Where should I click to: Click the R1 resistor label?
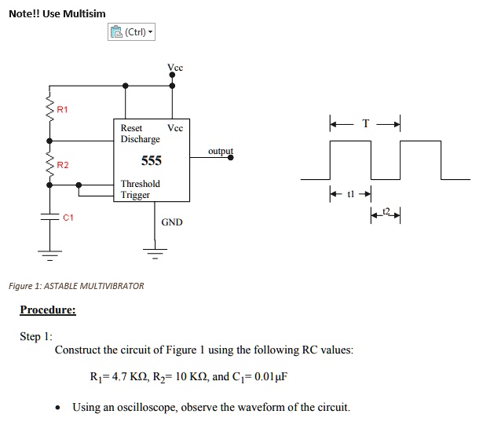63,110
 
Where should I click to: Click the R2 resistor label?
63,165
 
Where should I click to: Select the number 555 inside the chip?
151,161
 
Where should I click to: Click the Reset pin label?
131,127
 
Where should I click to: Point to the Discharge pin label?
140,139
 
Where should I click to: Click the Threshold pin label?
140,184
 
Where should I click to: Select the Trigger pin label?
135,195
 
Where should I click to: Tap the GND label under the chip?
172,222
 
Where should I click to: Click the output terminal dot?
230,157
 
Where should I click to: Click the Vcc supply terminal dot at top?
172,76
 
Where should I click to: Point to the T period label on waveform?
364,123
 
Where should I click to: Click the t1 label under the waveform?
351,193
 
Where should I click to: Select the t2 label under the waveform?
385,211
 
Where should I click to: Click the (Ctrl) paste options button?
131,32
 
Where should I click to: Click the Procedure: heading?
48,310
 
